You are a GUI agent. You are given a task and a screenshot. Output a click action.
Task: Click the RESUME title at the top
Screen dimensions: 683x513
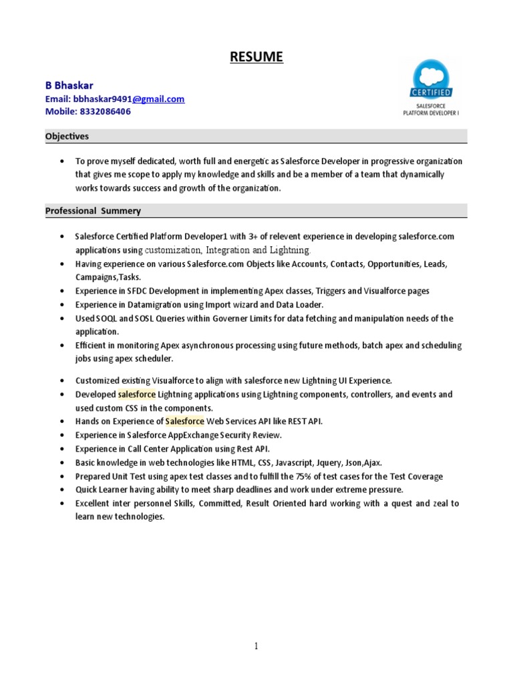tap(256, 57)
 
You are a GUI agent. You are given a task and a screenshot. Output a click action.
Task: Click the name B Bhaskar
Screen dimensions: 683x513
tap(69, 85)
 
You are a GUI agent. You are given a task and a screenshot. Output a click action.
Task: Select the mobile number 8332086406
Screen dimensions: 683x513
tap(106, 111)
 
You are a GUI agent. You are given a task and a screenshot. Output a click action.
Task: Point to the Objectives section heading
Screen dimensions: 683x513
tap(67, 136)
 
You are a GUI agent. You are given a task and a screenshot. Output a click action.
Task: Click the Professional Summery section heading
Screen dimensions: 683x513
tap(93, 211)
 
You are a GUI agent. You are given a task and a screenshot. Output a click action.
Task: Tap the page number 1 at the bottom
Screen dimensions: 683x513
tap(256, 646)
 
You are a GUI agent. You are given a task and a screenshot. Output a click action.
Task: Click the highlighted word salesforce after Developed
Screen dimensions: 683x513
tap(136, 394)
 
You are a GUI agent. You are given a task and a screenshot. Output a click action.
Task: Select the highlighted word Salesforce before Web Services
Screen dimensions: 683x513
tap(185, 422)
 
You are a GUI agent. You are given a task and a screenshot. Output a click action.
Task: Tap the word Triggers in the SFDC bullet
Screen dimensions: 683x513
tap(330, 291)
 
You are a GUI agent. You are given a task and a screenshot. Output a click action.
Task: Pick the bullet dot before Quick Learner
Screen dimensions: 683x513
tap(61, 490)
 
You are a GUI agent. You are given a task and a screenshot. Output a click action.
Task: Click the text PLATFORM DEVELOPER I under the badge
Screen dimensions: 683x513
tap(432, 113)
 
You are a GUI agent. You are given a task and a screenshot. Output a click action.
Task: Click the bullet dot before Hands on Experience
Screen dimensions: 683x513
tap(61, 422)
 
